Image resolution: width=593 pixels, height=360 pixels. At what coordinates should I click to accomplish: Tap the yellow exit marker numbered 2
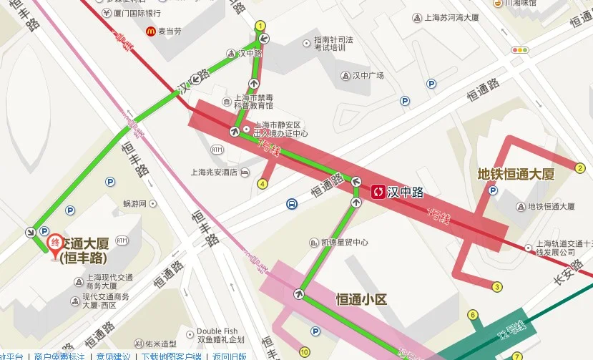pyautogui.click(x=580, y=168)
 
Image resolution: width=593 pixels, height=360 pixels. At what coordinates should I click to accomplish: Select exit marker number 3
pyautogui.click(x=497, y=287)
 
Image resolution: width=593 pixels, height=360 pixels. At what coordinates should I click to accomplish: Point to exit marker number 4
pyautogui.click(x=263, y=184)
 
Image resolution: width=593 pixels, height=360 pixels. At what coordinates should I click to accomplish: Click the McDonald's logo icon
pyautogui.click(x=151, y=31)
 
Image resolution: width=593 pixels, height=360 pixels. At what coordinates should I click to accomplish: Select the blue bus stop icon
pyautogui.click(x=292, y=204)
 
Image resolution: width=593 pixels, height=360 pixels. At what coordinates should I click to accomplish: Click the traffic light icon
pyautogui.click(x=519, y=50)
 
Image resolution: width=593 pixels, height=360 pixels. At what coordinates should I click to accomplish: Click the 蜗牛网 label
pyautogui.click(x=134, y=204)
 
